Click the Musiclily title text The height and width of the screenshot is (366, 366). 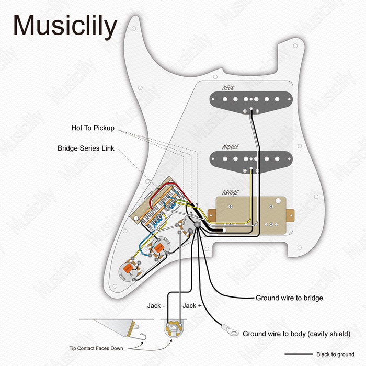click(x=65, y=26)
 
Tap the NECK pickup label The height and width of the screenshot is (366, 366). click(x=228, y=88)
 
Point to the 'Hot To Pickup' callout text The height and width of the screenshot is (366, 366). click(x=93, y=128)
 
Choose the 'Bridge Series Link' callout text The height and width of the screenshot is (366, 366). click(x=86, y=148)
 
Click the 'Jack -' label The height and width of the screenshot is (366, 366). click(x=156, y=306)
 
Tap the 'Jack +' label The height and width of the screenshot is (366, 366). click(x=192, y=306)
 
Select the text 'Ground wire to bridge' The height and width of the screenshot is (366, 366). click(x=289, y=298)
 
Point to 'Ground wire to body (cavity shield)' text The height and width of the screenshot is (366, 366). click(x=296, y=334)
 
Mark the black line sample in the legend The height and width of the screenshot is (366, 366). click(x=299, y=354)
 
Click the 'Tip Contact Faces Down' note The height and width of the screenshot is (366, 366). click(x=99, y=348)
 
